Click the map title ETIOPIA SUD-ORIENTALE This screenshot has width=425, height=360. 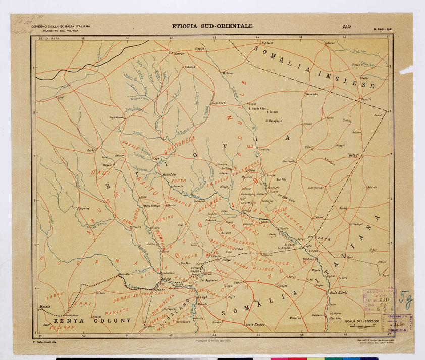(x=212, y=26)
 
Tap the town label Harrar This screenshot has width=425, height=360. (x=180, y=52)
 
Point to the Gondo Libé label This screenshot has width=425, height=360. (x=312, y=94)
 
